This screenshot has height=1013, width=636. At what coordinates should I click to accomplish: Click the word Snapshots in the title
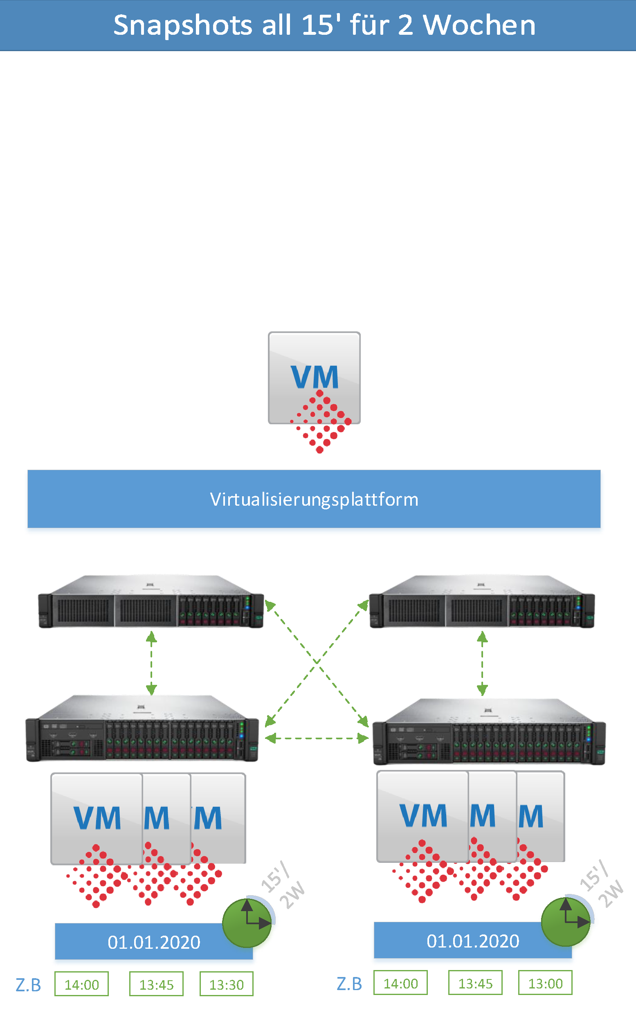(183, 25)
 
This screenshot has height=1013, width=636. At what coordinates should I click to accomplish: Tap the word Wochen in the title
(479, 25)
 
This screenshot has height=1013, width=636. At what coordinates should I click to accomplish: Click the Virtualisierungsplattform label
(314, 500)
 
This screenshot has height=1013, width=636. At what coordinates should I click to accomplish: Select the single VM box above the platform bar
(314, 377)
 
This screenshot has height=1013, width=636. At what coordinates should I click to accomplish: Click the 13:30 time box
(226, 984)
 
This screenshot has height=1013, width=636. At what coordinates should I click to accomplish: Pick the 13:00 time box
(545, 983)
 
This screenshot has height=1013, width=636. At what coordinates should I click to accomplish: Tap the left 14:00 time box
(82, 984)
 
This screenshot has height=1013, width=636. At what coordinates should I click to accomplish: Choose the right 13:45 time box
(475, 983)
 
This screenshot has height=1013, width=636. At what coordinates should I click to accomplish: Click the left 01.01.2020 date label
(153, 942)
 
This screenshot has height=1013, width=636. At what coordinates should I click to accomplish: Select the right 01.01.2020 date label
(473, 941)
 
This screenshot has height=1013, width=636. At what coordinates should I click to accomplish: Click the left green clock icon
(247, 923)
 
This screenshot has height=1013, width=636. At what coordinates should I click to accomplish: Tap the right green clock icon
(566, 922)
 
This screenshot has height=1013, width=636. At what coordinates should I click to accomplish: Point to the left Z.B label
(28, 985)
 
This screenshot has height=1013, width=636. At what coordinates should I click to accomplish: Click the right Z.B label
(349, 984)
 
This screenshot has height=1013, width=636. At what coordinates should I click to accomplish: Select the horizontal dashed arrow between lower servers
(317, 738)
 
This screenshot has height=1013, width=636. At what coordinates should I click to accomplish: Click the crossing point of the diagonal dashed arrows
(317, 662)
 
